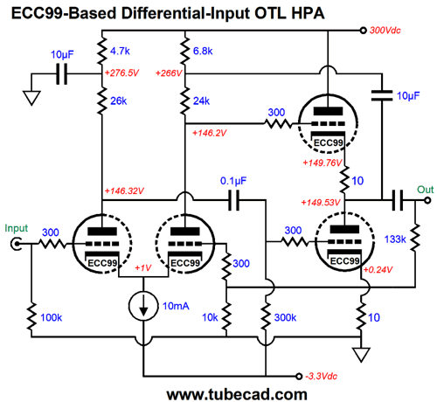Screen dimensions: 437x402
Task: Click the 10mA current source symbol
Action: click(x=143, y=306)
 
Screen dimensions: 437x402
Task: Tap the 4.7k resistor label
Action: click(x=120, y=52)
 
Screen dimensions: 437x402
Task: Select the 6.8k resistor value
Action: click(x=203, y=52)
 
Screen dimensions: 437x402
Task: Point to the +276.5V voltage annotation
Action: click(x=121, y=73)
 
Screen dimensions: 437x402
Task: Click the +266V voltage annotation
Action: click(x=169, y=73)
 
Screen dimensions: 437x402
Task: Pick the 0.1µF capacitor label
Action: click(x=233, y=181)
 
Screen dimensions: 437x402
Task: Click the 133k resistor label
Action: click(x=395, y=239)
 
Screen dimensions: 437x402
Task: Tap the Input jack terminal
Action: click(x=16, y=244)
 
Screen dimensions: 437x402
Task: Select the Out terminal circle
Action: click(x=427, y=200)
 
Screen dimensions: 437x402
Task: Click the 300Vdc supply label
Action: click(x=385, y=31)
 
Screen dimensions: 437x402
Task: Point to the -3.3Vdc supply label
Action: click(x=321, y=376)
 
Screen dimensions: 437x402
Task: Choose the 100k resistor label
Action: click(x=51, y=317)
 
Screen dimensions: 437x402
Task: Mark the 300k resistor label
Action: click(x=285, y=317)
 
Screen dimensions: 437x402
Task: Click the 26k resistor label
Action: click(x=118, y=101)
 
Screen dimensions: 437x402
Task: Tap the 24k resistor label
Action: click(x=201, y=101)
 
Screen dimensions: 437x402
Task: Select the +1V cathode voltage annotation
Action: click(x=143, y=267)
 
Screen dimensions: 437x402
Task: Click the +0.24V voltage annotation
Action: click(x=378, y=270)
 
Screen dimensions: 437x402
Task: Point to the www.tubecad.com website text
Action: click(x=237, y=394)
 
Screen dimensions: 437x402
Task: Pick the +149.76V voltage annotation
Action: click(x=323, y=163)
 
